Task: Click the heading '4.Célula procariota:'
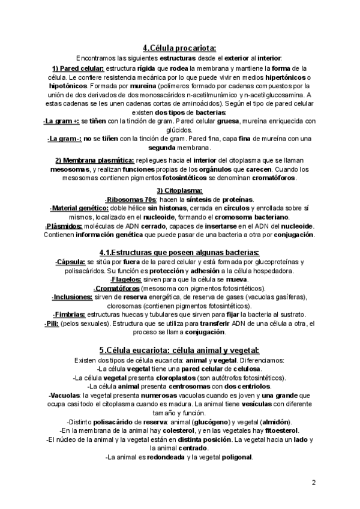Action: [179, 49]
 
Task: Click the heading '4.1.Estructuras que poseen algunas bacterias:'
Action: [179, 252]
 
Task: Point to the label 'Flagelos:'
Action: [127, 280]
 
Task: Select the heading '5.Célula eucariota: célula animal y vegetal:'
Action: [179, 350]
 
